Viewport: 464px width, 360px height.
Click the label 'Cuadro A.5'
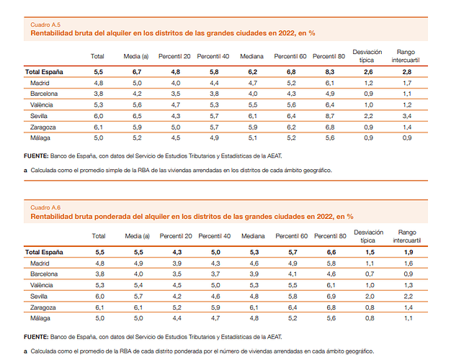coord(45,24)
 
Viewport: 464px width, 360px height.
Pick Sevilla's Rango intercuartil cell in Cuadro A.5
coord(407,115)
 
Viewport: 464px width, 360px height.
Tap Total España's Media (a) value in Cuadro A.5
coord(136,72)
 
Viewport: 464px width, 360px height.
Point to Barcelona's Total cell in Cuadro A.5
coord(98,94)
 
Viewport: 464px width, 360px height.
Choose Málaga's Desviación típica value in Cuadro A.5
coord(368,137)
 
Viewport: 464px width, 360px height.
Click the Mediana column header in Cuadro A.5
coord(253,56)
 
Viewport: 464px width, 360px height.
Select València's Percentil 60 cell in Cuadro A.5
coord(290,104)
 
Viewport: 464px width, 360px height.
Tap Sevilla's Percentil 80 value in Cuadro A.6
coord(331,296)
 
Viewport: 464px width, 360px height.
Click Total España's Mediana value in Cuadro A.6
coord(253,253)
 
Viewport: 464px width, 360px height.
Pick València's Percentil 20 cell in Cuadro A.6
coord(175,285)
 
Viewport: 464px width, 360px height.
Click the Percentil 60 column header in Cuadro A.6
coord(291,236)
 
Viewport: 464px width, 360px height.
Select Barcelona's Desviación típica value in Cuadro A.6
coord(368,274)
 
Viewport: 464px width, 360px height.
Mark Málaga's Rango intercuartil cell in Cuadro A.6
coord(407,318)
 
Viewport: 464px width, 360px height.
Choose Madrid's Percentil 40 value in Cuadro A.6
coord(214,264)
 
